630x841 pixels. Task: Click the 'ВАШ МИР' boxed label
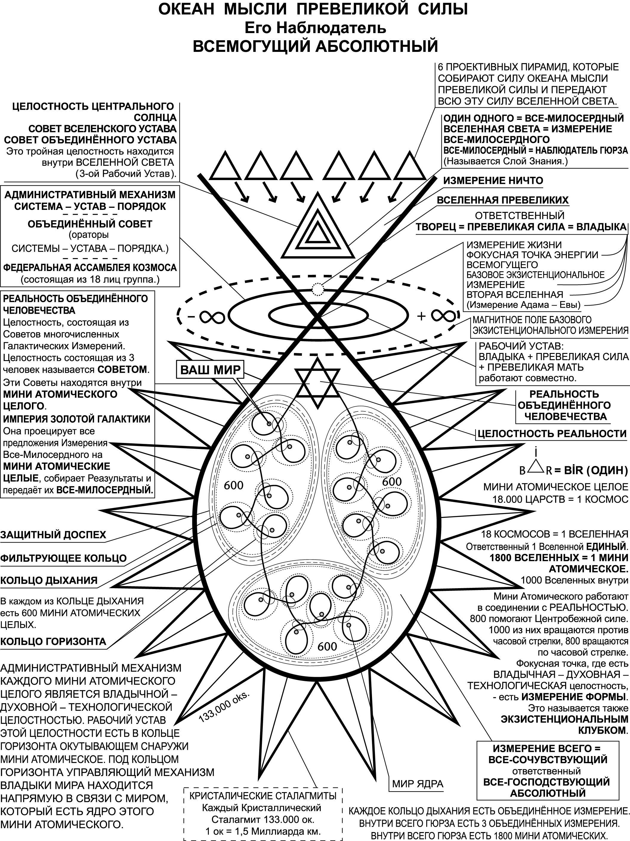pyautogui.click(x=210, y=370)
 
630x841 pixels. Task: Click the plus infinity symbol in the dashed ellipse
pyautogui.click(x=438, y=316)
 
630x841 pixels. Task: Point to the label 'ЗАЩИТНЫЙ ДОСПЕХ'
pyautogui.click(x=53, y=535)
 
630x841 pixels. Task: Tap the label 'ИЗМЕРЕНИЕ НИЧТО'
pyautogui.click(x=493, y=181)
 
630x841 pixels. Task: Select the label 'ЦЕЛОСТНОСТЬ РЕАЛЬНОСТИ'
pyautogui.click(x=552, y=434)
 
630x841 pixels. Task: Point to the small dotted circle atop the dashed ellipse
pyautogui.click(x=317, y=289)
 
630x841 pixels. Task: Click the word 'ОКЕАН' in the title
pyautogui.click(x=186, y=10)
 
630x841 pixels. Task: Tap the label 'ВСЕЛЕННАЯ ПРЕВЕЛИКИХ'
pyautogui.click(x=502, y=200)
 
